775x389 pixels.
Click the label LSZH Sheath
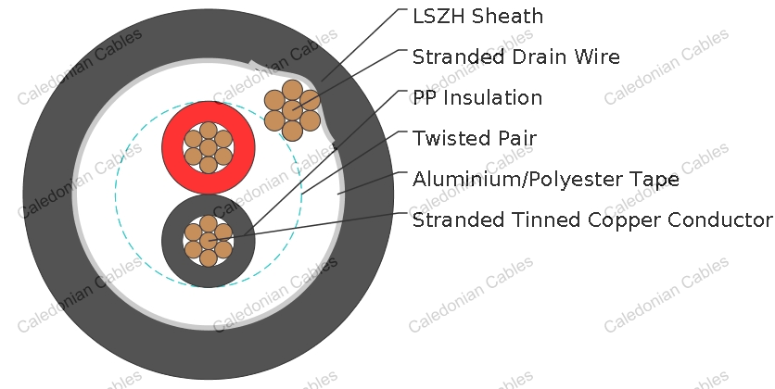[x=477, y=17]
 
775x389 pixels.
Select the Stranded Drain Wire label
[x=516, y=56]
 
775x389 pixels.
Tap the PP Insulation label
[x=477, y=98]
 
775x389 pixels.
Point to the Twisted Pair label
[x=475, y=138]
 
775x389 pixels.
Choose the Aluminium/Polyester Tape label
[x=546, y=179]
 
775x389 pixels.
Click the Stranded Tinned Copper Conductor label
[x=592, y=220]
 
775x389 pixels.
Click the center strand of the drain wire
[x=292, y=110]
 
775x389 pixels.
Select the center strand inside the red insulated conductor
[x=208, y=147]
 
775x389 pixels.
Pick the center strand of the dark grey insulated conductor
[x=208, y=241]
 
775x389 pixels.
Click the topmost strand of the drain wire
[x=292, y=90]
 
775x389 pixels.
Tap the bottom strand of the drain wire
[x=292, y=131]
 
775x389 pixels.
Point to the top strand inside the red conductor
[x=208, y=131]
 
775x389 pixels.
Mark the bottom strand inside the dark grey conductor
[x=208, y=257]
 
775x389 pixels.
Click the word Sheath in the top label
[x=507, y=17]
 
